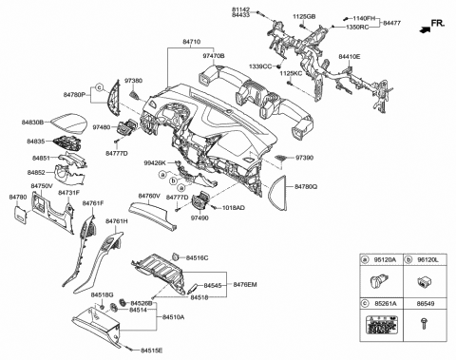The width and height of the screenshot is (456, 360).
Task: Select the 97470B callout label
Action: [x=213, y=57]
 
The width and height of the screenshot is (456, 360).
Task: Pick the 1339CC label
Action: [x=261, y=66]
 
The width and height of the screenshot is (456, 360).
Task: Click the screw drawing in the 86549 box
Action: [x=422, y=323]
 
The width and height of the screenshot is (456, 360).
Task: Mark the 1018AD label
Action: [x=233, y=208]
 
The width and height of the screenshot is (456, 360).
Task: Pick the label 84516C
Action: [x=197, y=258]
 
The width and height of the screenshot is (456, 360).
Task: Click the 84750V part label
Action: [x=41, y=186]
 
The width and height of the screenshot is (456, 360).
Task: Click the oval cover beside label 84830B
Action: [x=67, y=124]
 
